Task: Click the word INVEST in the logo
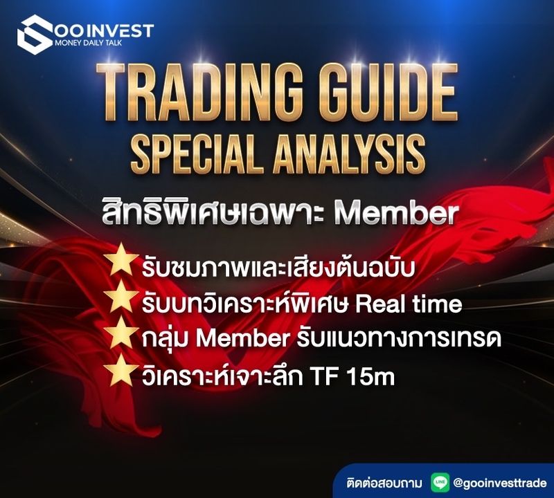click(118, 30)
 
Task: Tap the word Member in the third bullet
click(233, 340)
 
